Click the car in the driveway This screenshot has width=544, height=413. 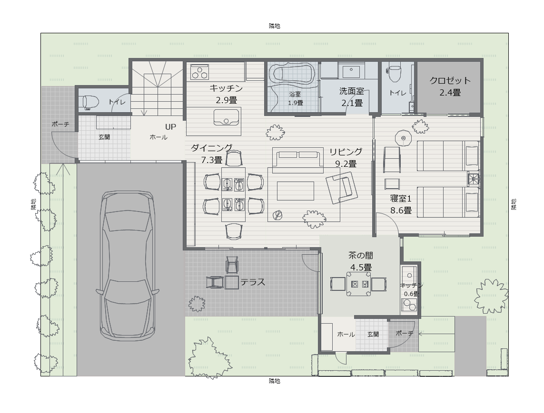[x=127, y=265]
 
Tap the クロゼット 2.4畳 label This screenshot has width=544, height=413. [x=450, y=86]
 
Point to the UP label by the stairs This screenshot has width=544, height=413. [x=170, y=127]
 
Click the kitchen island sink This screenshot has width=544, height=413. [x=227, y=117]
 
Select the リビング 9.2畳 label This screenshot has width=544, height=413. [x=346, y=157]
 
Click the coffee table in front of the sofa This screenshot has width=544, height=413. [x=295, y=191]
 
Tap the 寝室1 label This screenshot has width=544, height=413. [x=401, y=199]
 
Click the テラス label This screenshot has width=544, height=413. [x=253, y=282]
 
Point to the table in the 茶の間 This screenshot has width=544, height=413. [x=359, y=284]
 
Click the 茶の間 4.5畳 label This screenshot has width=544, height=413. [x=361, y=261]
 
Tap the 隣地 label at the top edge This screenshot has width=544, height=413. [x=275, y=26]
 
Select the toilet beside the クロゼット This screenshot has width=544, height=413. [x=394, y=72]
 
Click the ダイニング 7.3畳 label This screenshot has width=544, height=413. [x=212, y=154]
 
